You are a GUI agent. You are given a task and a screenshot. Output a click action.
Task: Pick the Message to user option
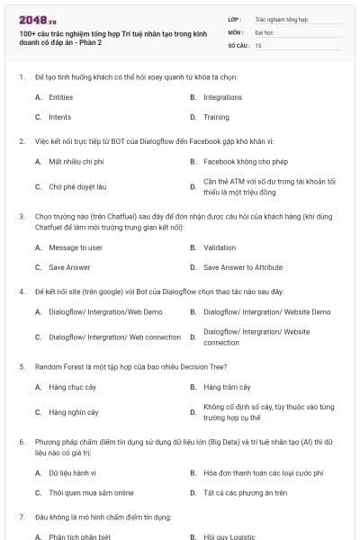76,247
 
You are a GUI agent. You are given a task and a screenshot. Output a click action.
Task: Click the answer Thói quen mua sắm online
91,492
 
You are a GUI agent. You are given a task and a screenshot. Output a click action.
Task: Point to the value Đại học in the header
265,31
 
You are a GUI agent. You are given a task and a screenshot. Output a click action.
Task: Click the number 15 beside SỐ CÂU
258,44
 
